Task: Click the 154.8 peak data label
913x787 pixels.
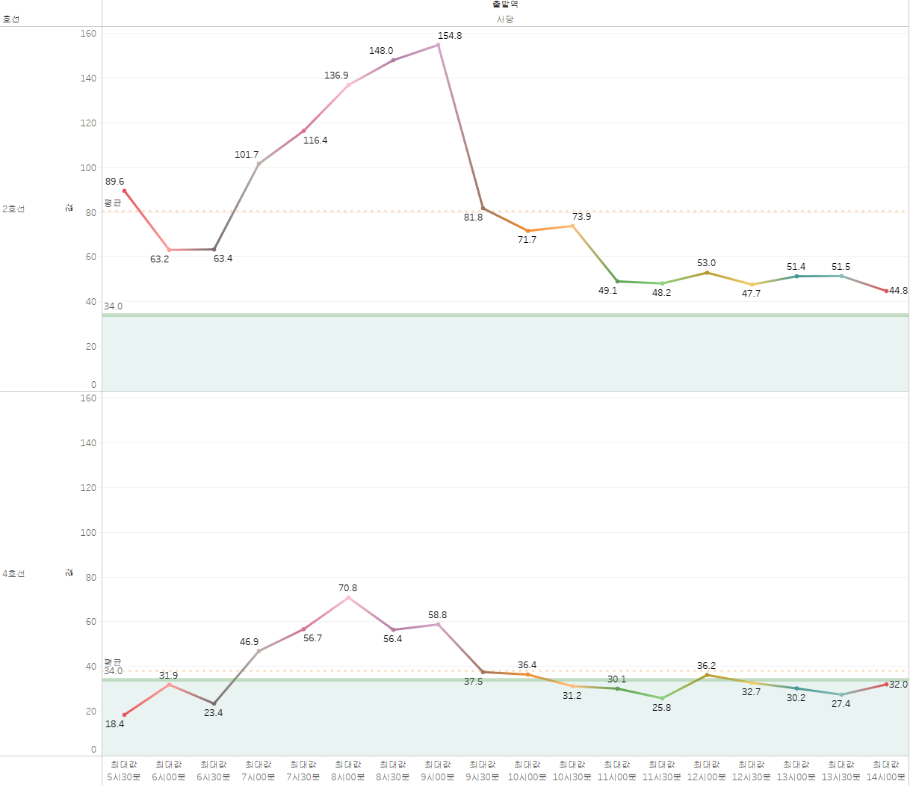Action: pos(450,36)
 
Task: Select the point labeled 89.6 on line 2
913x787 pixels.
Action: pos(125,191)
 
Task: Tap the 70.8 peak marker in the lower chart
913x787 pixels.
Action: pos(348,598)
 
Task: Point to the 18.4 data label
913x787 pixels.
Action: pos(115,724)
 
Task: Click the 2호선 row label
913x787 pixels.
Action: pos(13,209)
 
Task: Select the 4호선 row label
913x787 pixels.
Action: pos(13,574)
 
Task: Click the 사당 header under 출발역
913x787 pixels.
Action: pos(505,19)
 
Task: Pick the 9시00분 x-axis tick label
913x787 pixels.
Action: pos(438,777)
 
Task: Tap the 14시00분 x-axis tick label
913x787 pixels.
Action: pos(886,777)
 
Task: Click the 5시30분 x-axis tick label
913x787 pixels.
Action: pos(124,777)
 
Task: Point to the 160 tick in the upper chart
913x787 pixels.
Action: pos(88,34)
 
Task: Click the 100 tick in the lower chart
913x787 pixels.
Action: pos(88,533)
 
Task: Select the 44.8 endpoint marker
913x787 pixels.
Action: pos(886,291)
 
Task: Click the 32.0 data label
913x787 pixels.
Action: pos(899,685)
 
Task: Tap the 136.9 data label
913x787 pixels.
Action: pos(336,75)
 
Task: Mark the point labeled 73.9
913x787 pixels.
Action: pos(573,226)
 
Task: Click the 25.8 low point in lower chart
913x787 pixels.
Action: pos(662,699)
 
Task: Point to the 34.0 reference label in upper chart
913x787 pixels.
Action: pos(114,306)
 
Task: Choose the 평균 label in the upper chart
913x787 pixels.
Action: pos(113,203)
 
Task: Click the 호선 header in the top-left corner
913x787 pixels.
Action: pos(11,19)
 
